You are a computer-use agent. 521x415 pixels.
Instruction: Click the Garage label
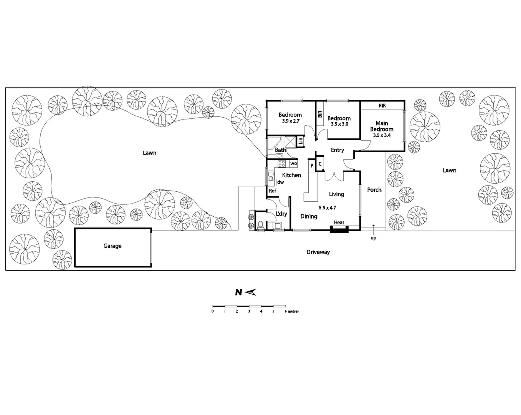pyautogui.click(x=112, y=246)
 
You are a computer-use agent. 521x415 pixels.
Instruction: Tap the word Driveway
pyautogui.click(x=318, y=252)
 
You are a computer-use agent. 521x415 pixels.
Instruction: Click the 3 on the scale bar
pyautogui.click(x=249, y=311)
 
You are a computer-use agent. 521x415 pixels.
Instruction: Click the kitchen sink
pyautogui.click(x=271, y=176)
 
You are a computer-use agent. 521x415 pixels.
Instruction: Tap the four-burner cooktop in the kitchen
pyautogui.click(x=282, y=164)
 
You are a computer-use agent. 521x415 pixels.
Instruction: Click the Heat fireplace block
pyautogui.click(x=339, y=229)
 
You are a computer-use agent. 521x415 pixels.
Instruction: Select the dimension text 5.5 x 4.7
pyautogui.click(x=327, y=207)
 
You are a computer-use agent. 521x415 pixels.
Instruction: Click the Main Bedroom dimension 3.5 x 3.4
pyautogui.click(x=382, y=135)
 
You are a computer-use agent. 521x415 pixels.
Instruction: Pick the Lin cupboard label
pyautogui.click(x=301, y=141)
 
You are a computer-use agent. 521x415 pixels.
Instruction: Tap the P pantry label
pyautogui.click(x=312, y=165)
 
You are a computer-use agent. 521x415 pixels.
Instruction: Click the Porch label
pyautogui.click(x=374, y=190)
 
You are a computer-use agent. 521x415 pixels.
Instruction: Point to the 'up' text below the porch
pyautogui.click(x=373, y=238)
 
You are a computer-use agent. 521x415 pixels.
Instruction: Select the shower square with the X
pyautogui.click(x=290, y=141)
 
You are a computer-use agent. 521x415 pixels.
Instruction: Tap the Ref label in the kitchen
pyautogui.click(x=272, y=191)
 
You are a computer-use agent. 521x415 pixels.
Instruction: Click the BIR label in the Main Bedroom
pyautogui.click(x=382, y=106)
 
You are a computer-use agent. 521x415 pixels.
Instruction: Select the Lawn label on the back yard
pyautogui.click(x=149, y=153)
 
